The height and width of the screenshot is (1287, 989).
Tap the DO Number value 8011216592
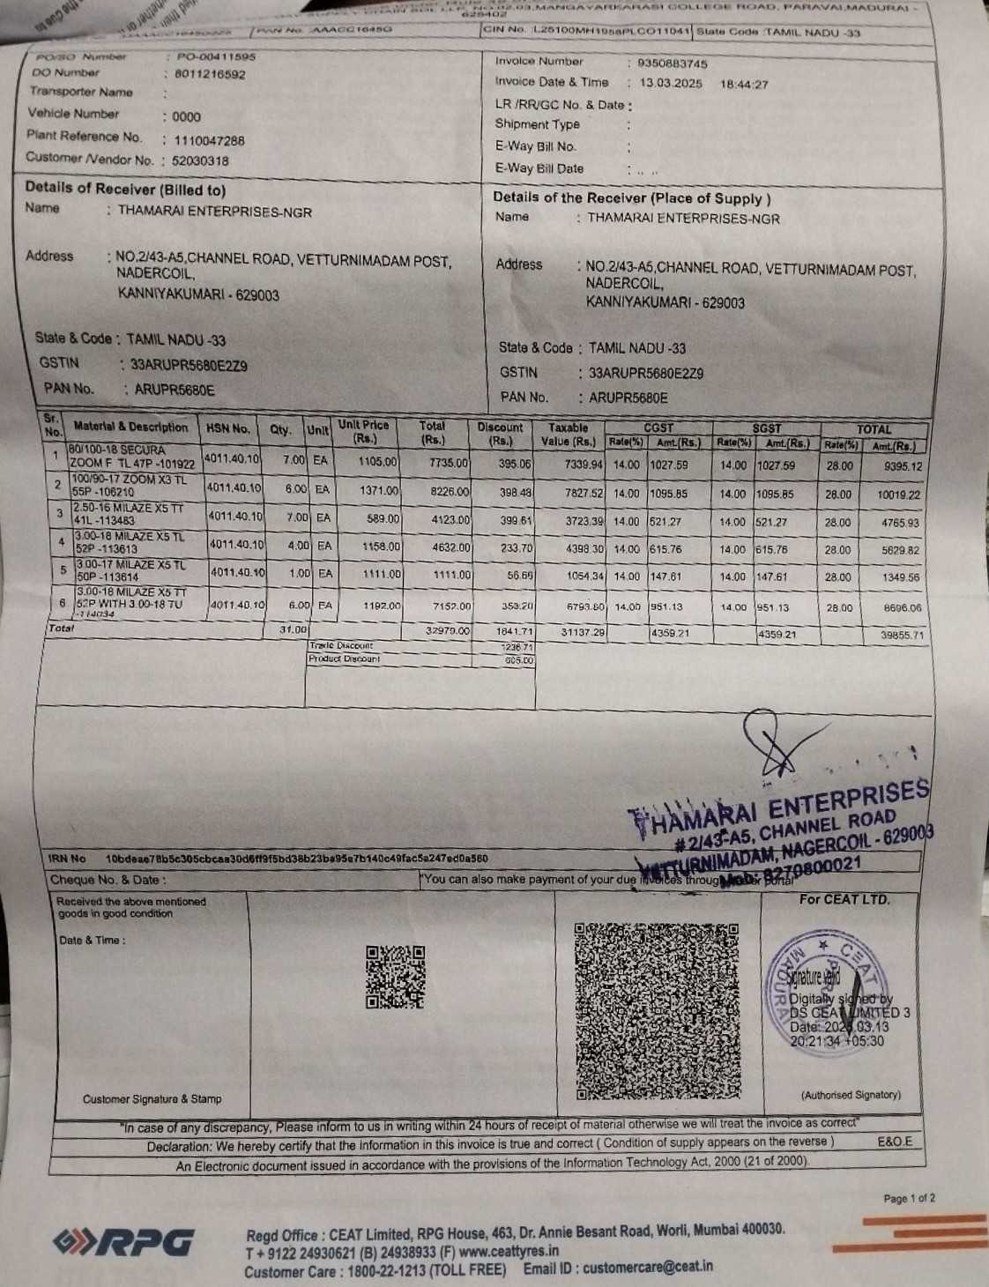tap(210, 75)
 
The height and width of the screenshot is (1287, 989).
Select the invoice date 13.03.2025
tap(671, 84)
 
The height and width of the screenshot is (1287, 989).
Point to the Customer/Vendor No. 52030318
tap(200, 161)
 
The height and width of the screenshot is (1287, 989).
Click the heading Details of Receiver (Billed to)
tap(125, 190)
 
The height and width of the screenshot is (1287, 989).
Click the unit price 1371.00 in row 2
tap(379, 490)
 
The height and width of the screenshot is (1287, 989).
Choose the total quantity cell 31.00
tap(293, 629)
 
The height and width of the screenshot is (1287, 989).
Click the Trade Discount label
tap(341, 646)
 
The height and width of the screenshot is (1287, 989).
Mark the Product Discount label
tap(344, 659)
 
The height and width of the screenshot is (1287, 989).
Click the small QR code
tap(396, 977)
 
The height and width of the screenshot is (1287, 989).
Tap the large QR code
tap(657, 1011)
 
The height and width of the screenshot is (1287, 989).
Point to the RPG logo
tap(123, 1242)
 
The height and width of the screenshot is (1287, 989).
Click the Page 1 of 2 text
tap(910, 1198)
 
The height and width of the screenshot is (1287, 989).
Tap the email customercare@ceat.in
tap(647, 1267)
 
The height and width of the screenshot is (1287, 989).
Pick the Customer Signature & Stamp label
tap(152, 1099)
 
